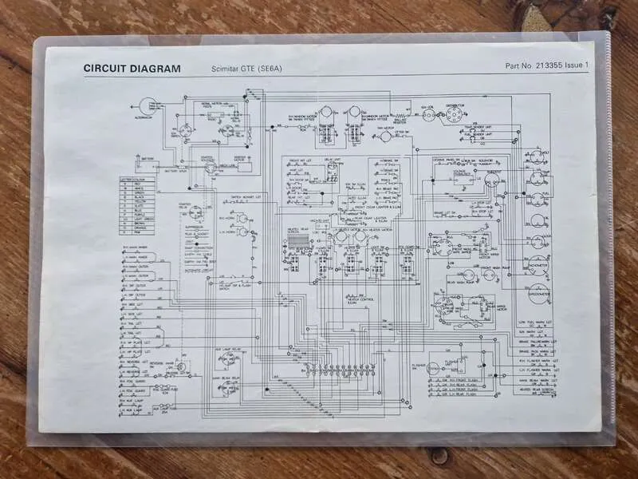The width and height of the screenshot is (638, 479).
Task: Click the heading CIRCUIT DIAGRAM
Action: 132,69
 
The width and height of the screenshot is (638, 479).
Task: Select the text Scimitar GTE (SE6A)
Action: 247,69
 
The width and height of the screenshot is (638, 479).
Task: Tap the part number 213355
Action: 553,65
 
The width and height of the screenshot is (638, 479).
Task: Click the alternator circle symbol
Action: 148,106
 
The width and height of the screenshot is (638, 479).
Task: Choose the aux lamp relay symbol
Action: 228,356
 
